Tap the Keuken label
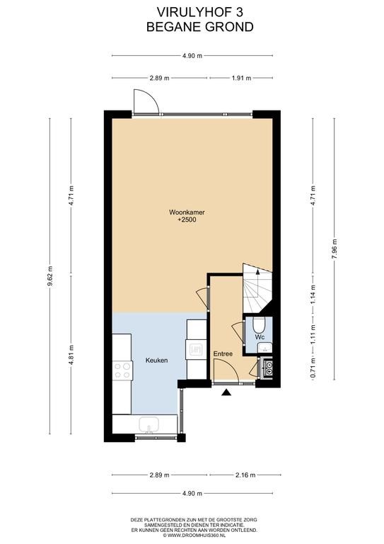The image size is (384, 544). pyautogui.click(x=156, y=361)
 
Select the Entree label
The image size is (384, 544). pyautogui.click(x=223, y=354)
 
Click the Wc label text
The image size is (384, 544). pyautogui.click(x=260, y=337)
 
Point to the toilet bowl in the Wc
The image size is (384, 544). pyautogui.click(x=258, y=324)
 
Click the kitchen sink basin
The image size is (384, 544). pyautogui.click(x=149, y=424)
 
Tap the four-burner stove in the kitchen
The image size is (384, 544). pyautogui.click(x=122, y=370)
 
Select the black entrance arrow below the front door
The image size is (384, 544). pyautogui.click(x=226, y=392)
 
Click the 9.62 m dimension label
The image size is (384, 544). pyautogui.click(x=50, y=276)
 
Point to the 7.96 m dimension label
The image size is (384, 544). pyautogui.click(x=334, y=249)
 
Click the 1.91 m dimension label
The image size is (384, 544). pyautogui.click(x=241, y=78)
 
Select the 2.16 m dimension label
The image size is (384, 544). pyautogui.click(x=245, y=475)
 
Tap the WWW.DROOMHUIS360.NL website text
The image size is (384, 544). pyautogui.click(x=196, y=535)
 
